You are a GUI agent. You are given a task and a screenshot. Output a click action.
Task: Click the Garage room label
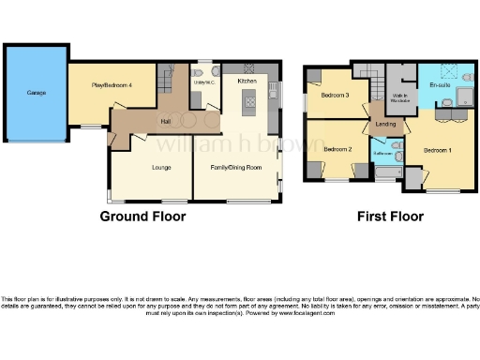36,93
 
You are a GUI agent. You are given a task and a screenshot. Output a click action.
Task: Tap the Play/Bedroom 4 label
111,85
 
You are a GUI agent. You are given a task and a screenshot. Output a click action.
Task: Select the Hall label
165,121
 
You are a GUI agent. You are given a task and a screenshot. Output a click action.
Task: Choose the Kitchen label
247,82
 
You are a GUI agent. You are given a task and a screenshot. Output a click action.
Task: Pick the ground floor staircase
167,79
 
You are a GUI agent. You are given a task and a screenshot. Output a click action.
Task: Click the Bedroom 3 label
336,95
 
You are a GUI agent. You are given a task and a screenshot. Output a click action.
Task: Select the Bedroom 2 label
337,149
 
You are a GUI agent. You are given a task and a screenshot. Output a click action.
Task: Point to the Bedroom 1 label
437,150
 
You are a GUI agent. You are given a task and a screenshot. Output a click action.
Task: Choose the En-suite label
439,85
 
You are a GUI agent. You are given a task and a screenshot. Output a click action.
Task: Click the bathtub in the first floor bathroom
386,172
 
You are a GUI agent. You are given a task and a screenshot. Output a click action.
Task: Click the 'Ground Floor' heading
143,217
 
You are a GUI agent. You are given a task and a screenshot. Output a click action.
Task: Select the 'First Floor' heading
390,217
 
